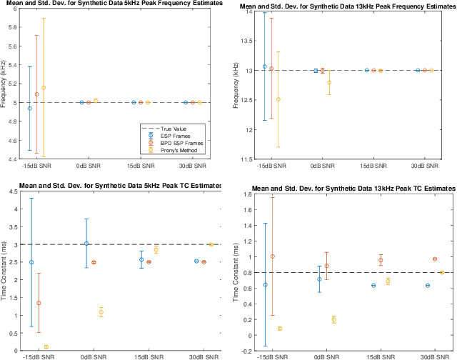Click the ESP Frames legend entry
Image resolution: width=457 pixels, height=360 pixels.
[x=171, y=135]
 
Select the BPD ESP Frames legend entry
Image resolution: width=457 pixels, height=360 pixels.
[x=174, y=143]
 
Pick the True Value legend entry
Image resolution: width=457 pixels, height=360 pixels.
[x=169, y=128]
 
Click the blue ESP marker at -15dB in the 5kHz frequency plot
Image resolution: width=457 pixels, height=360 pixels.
[x=29, y=108]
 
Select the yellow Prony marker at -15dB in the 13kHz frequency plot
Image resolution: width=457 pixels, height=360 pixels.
[x=278, y=99]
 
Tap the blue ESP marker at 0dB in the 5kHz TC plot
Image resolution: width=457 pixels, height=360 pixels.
[x=86, y=244]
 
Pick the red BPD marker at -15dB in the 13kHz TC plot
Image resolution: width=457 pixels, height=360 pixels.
[x=271, y=256]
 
